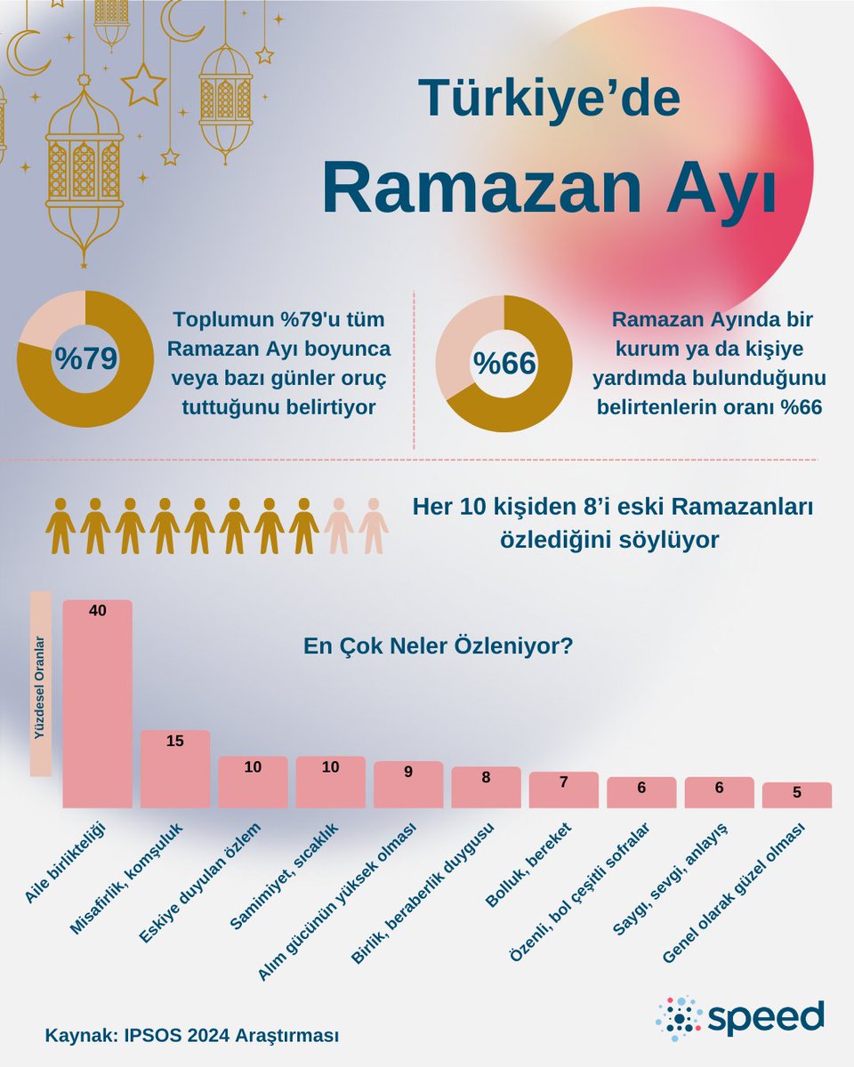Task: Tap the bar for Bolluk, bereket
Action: (563, 790)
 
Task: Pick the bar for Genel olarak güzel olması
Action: (796, 796)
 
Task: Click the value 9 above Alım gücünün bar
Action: (408, 772)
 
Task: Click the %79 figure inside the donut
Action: (85, 358)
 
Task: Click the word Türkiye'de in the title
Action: (549, 98)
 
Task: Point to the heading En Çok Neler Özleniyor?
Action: (438, 646)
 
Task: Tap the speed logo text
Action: (767, 1015)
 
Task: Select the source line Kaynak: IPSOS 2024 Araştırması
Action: (192, 1036)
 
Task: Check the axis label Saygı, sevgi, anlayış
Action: (673, 876)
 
